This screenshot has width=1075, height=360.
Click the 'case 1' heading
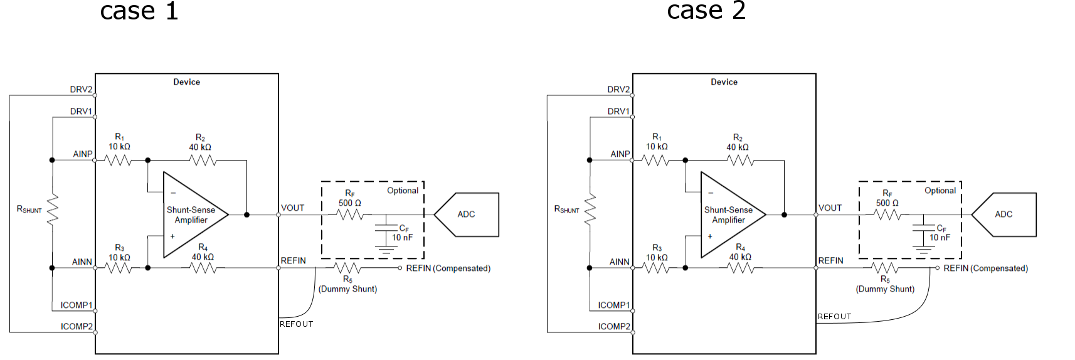point(139,11)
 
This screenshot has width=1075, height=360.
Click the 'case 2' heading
point(706,11)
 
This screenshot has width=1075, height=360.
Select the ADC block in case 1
point(467,214)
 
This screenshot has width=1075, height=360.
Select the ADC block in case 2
point(1004,214)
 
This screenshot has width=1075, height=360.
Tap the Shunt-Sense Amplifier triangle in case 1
point(192,215)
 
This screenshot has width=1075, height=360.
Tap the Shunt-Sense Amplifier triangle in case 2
point(729,215)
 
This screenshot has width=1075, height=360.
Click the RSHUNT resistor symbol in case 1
point(53,209)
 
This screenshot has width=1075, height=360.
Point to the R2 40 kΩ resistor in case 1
point(202,161)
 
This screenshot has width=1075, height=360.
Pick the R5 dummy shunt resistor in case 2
point(885,268)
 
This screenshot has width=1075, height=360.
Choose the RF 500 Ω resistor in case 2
point(887,214)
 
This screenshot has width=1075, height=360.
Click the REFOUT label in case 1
point(296,324)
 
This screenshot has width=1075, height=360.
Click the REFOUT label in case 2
point(834,317)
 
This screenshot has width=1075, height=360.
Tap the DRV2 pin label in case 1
point(81,90)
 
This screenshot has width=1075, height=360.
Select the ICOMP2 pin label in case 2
point(614,327)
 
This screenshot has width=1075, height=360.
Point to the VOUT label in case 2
point(830,208)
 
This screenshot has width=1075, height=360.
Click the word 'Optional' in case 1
point(403,191)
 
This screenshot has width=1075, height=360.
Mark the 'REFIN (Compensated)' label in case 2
point(985,268)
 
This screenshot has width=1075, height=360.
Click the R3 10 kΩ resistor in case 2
point(657,268)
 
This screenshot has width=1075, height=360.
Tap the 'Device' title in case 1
point(186,82)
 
